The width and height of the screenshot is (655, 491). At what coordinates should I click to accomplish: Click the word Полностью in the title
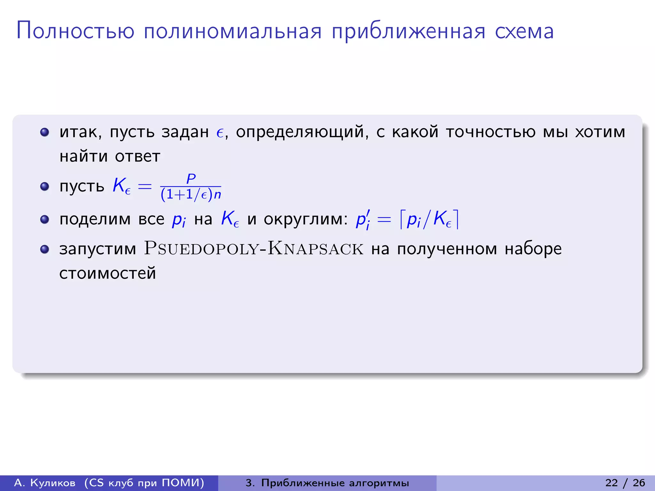point(75,31)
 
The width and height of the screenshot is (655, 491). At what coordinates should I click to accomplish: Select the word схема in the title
point(524,31)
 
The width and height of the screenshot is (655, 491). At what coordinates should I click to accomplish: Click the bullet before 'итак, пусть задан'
point(44,132)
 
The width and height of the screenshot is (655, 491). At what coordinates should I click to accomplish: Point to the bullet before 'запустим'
point(44,249)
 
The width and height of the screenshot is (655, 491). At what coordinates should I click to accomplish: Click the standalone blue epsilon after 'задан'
point(220,133)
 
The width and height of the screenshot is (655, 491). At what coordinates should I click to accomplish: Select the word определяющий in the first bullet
point(300,132)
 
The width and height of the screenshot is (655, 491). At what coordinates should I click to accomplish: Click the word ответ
point(137,156)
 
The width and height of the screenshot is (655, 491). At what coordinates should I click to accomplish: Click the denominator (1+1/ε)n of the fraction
point(191,194)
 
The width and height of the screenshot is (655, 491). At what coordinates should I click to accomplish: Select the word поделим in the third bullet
point(95,219)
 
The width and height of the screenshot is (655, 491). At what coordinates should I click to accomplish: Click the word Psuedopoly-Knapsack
point(254,249)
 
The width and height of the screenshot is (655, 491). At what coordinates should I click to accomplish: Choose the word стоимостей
point(107,273)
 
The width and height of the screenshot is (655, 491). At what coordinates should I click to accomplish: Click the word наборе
point(533,249)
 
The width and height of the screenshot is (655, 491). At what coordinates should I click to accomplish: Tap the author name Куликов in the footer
point(53,483)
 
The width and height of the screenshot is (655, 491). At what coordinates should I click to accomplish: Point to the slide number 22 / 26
point(625,483)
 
